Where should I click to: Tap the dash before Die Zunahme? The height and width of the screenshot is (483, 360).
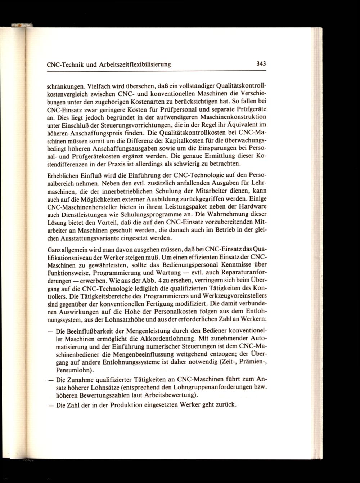(50, 380)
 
